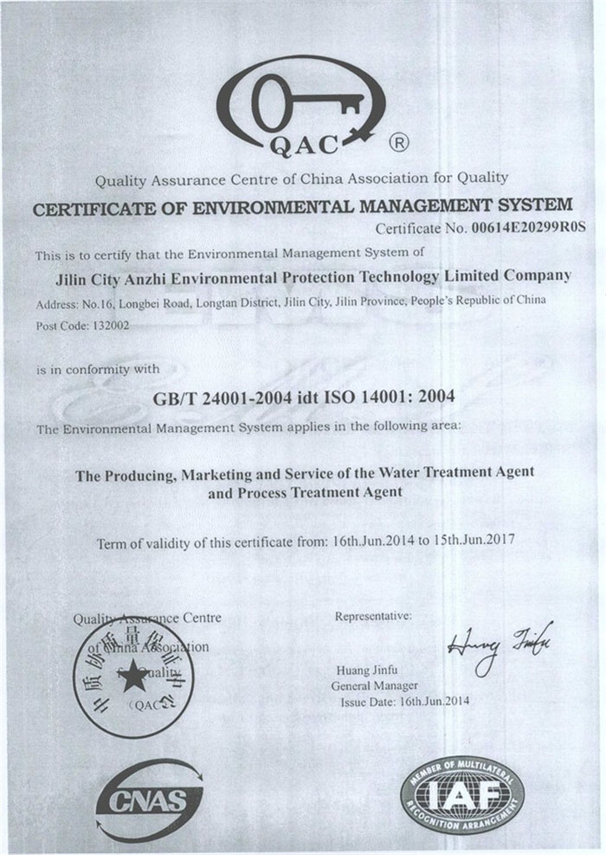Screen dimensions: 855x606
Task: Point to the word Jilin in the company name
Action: tap(71, 277)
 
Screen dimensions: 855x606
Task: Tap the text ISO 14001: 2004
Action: tap(399, 397)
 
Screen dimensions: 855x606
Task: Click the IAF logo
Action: tap(461, 795)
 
